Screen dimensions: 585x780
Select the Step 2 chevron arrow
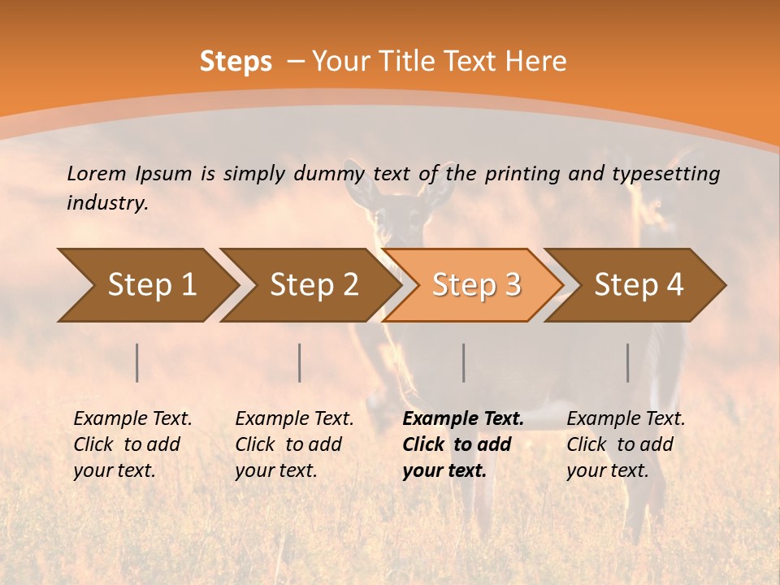pyautogui.click(x=314, y=285)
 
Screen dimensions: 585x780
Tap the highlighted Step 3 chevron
pyautogui.click(x=476, y=285)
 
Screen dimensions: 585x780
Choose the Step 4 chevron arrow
pyautogui.click(x=639, y=285)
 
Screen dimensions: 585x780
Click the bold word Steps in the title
pyautogui.click(x=236, y=62)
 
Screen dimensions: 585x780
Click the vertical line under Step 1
pyautogui.click(x=137, y=362)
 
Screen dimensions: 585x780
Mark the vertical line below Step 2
pyautogui.click(x=300, y=362)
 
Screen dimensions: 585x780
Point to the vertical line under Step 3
pyautogui.click(x=464, y=362)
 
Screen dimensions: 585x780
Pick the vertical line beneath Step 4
pyautogui.click(x=628, y=362)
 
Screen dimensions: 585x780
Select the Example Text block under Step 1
pyautogui.click(x=132, y=444)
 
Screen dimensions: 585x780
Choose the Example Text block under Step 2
pyautogui.click(x=294, y=444)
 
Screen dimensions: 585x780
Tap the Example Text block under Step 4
pyautogui.click(x=626, y=444)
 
